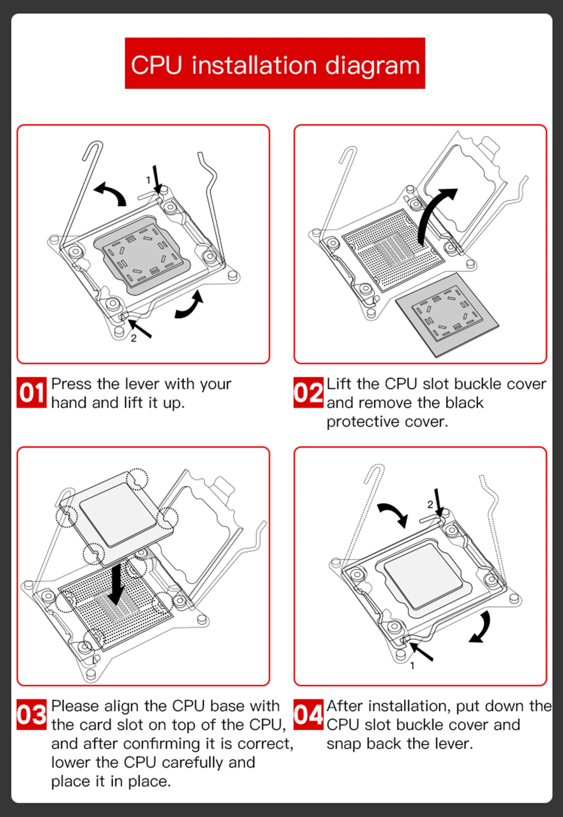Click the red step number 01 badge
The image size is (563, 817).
tap(32, 393)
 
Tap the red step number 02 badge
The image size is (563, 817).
tap(308, 393)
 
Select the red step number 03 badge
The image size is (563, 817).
tap(32, 715)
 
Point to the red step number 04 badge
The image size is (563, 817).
tap(308, 715)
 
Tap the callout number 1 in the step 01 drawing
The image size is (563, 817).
tap(148, 180)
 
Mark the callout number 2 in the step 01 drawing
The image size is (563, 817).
tap(134, 338)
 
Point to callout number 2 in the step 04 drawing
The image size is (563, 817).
tap(430, 504)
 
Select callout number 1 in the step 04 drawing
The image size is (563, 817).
tap(412, 666)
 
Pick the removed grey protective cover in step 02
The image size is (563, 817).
tap(447, 315)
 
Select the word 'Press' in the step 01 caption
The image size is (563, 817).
tap(71, 384)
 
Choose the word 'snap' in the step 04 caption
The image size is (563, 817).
tap(343, 744)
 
